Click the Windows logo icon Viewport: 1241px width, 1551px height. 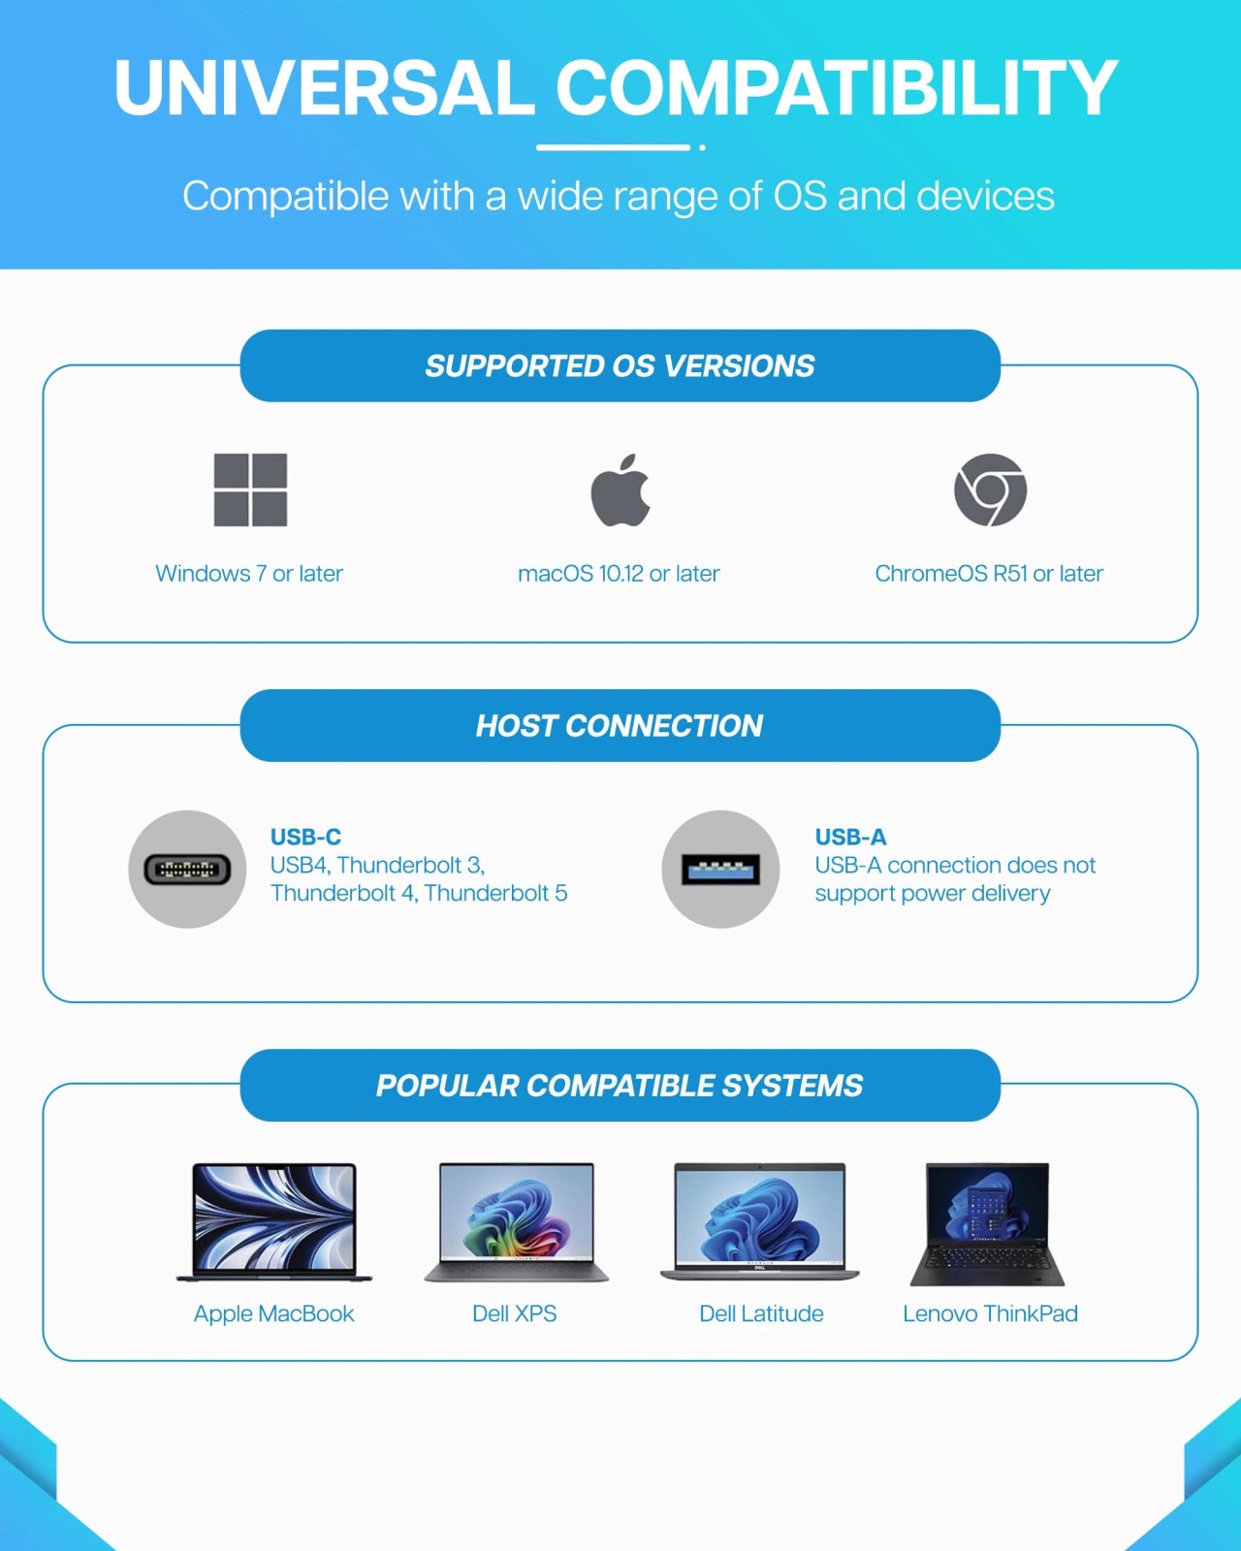click(250, 490)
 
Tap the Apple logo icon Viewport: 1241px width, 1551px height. click(620, 491)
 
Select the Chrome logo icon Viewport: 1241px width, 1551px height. click(990, 490)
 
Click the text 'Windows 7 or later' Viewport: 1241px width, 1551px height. click(249, 574)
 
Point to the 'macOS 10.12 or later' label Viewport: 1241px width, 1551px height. click(619, 574)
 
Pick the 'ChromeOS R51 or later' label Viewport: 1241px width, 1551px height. click(989, 574)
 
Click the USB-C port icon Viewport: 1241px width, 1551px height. click(187, 870)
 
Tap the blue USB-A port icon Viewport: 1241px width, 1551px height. click(720, 870)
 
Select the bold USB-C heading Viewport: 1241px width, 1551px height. click(305, 837)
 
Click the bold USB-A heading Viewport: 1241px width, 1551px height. click(850, 837)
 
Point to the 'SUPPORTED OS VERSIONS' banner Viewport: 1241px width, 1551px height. click(620, 365)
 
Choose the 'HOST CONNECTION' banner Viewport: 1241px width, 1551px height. click(620, 725)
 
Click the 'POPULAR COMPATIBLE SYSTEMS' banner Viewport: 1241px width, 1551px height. click(620, 1085)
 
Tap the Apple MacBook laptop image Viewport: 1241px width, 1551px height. click(274, 1221)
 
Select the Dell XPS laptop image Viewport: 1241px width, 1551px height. click(516, 1221)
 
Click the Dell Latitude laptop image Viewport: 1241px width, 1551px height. click(760, 1221)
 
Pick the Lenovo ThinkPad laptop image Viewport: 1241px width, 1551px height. click(987, 1223)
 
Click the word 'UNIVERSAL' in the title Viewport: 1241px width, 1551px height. click(324, 88)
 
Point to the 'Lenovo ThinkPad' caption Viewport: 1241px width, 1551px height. click(990, 1314)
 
